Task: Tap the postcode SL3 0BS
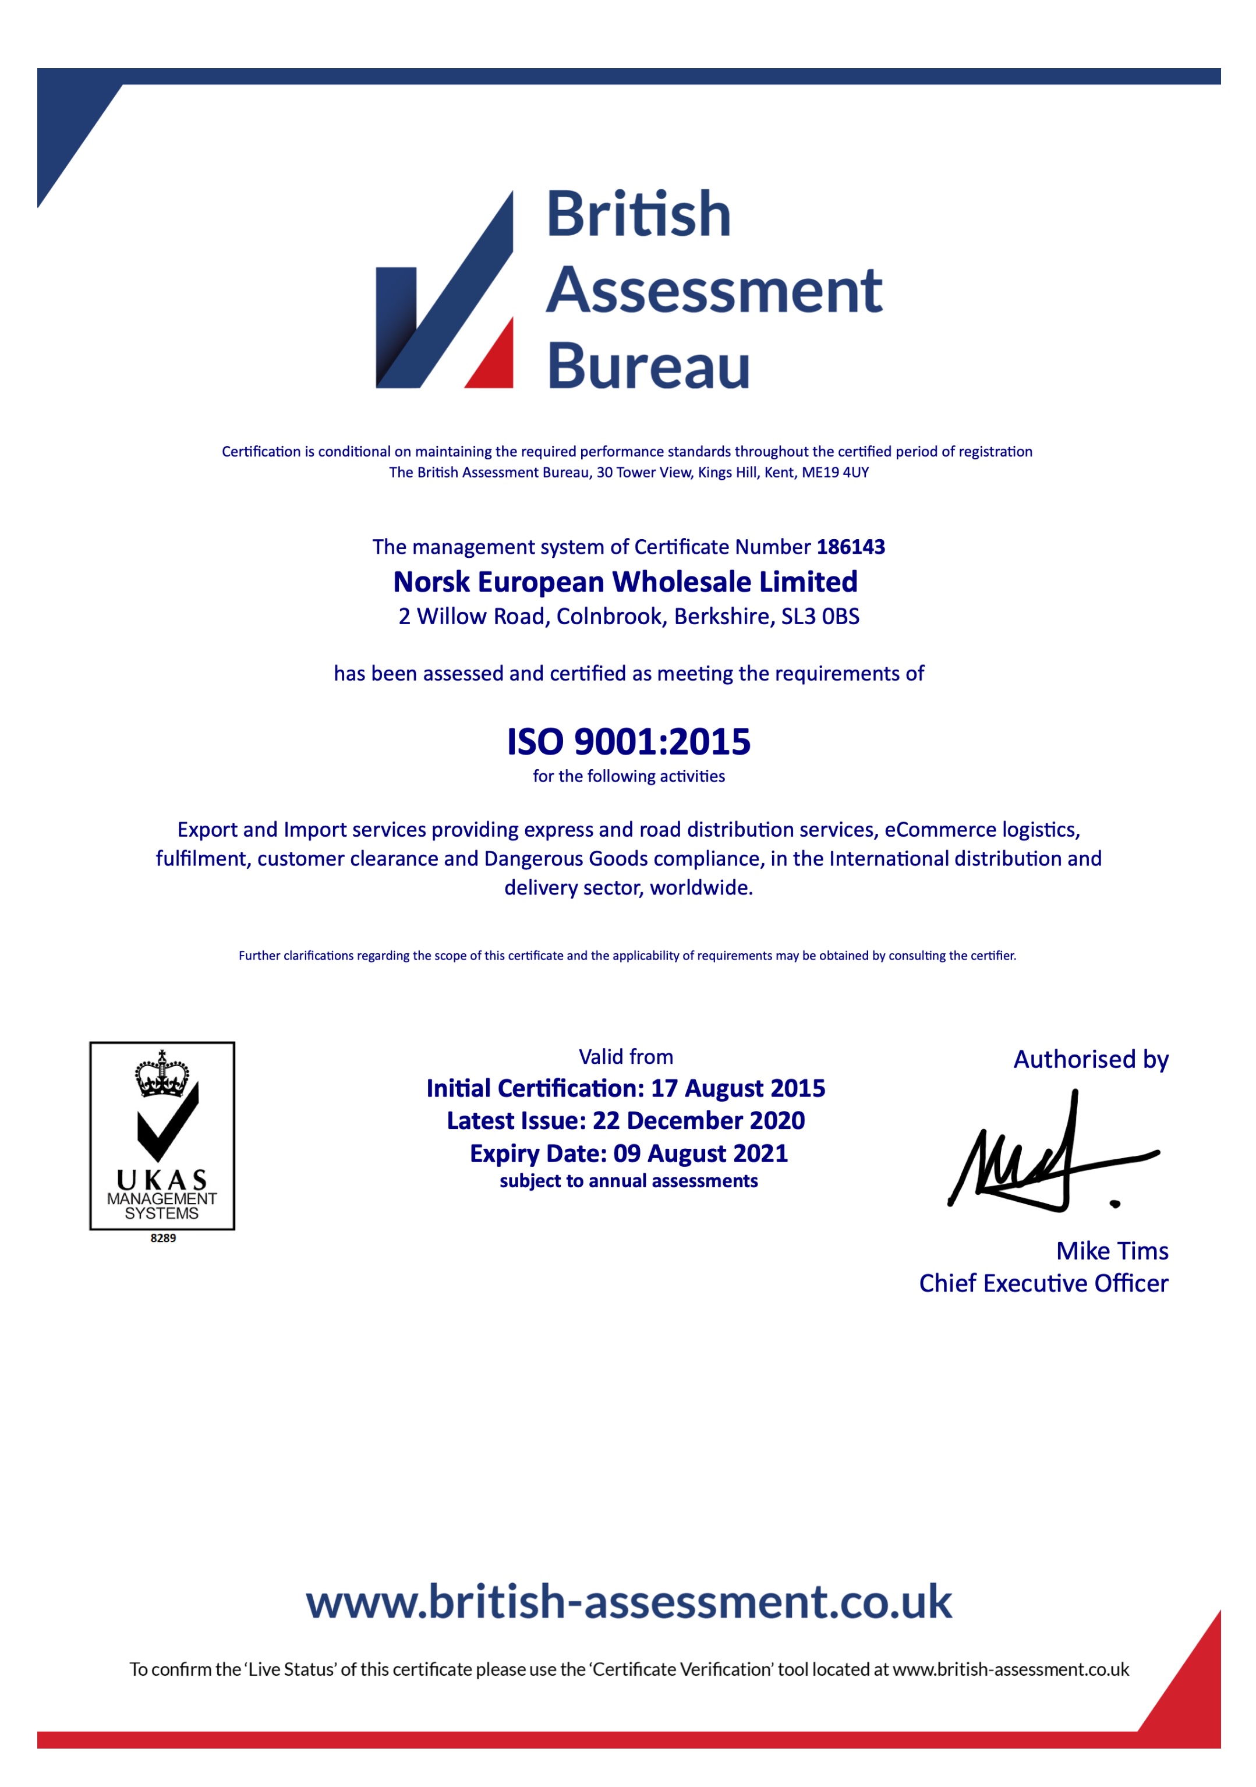pos(820,617)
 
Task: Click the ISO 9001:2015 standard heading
pos(628,742)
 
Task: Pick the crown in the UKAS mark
pos(162,1074)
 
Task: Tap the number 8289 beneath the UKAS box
pos(162,1237)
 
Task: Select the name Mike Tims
pos(1111,1251)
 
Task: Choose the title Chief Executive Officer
pos(1043,1283)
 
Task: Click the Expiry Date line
pos(628,1153)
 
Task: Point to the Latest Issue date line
pos(625,1121)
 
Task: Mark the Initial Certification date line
pos(625,1088)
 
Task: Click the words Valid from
pos(625,1057)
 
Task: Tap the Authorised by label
pos(1090,1059)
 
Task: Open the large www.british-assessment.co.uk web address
pos(628,1602)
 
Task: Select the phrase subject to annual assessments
pos(628,1181)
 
